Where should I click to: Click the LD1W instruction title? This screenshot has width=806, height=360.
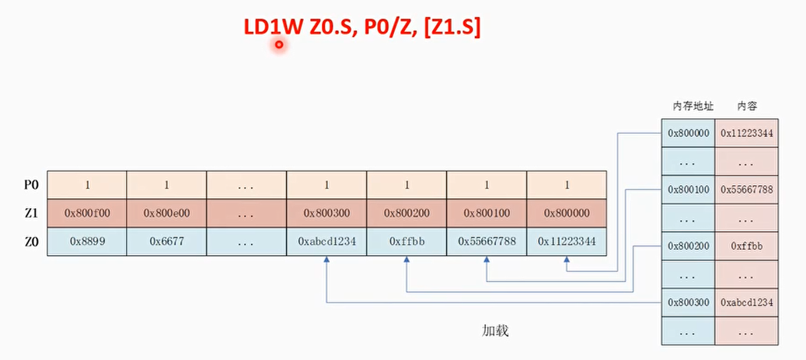pos(362,28)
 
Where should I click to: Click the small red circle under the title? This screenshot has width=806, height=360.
pos(279,45)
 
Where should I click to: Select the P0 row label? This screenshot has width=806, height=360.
pos(31,185)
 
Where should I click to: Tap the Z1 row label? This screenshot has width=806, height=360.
pos(31,213)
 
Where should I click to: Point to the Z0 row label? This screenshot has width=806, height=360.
pos(31,241)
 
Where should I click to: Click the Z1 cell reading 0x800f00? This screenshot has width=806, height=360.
pos(87,213)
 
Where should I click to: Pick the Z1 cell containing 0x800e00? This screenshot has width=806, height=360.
pos(166,213)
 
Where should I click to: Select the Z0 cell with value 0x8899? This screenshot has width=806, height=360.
pos(87,241)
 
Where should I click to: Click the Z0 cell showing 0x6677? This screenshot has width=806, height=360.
pos(166,241)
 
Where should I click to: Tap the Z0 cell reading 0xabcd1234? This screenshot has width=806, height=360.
pos(327,241)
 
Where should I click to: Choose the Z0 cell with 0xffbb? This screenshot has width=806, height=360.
pos(406,241)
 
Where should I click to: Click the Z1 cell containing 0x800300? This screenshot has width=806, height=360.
pos(327,213)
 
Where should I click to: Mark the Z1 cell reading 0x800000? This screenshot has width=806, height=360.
pos(567,213)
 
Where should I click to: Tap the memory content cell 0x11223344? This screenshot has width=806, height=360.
pos(746,133)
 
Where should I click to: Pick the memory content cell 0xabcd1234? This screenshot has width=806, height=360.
pos(746,302)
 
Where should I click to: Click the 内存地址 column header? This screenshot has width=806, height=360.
pos(689,107)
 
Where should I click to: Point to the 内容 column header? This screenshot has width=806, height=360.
pos(746,107)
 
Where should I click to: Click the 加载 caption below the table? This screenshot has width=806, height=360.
pos(495,330)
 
